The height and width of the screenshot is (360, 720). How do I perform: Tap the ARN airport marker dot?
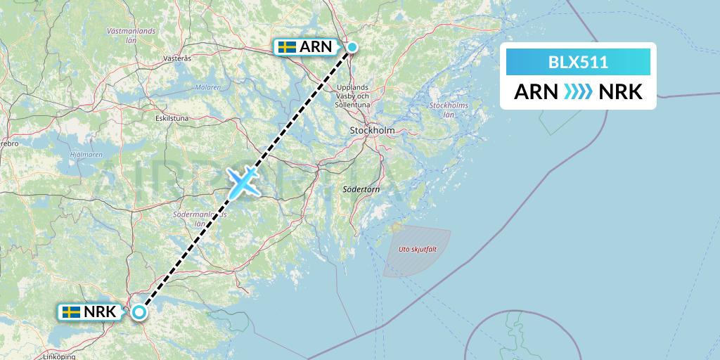(352, 47)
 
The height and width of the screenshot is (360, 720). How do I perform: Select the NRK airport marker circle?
(139, 312)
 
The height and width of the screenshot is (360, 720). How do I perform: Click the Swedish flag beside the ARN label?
(287, 47)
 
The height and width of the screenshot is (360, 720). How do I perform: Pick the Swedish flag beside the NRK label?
(71, 311)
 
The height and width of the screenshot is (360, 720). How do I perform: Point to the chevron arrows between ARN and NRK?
(577, 91)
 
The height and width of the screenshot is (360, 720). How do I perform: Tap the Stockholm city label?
(372, 131)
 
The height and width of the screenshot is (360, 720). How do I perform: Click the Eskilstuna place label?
(172, 119)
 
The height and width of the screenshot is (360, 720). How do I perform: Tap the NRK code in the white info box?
(621, 91)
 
